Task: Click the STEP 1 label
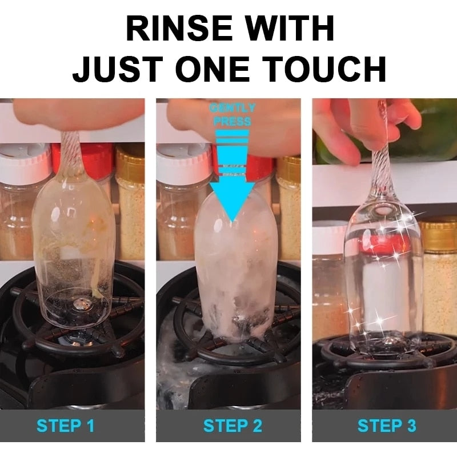[x=65, y=426]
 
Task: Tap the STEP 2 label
[x=232, y=426]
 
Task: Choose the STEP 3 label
[x=386, y=426]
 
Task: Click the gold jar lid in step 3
[x=439, y=234]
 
